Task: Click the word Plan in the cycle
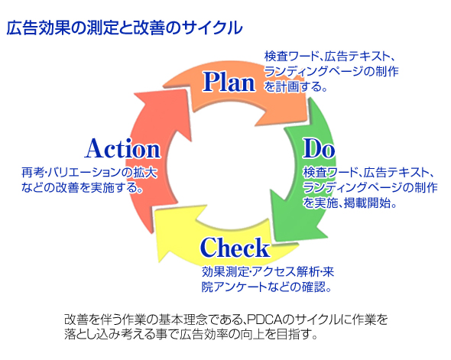coord(229,81)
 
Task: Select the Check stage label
coord(235,248)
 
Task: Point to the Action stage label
coord(122,148)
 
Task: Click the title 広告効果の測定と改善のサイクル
coord(125,28)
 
